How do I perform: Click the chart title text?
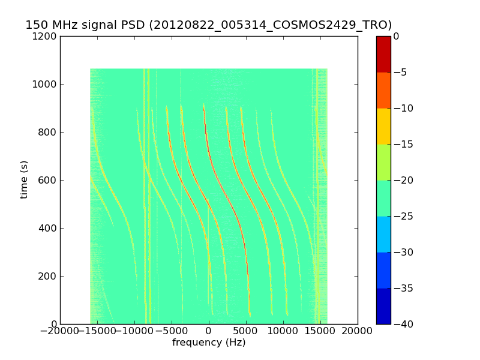tap(208, 25)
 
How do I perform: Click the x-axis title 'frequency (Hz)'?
tap(209, 343)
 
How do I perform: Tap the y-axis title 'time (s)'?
tap(24, 179)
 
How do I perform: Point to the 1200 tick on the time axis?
tap(46, 36)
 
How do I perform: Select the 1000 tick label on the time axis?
tap(46, 84)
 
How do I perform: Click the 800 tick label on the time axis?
tap(48, 132)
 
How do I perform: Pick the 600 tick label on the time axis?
tap(48, 180)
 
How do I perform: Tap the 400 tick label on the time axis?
tap(48, 228)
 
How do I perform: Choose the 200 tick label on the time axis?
tap(48, 276)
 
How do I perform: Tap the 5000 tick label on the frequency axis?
tap(246, 331)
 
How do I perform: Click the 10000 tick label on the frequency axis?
tap(283, 331)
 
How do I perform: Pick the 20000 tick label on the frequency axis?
tap(358, 331)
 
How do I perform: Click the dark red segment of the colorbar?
tap(383, 54)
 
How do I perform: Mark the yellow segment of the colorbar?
tap(383, 126)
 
